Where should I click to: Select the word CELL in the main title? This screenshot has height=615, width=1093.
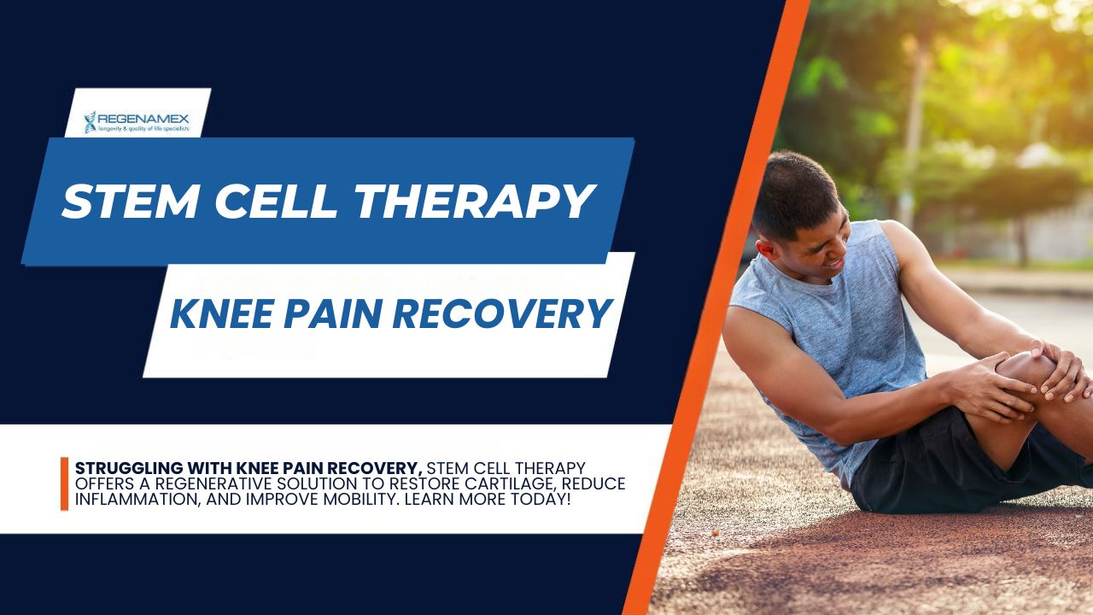tap(276, 201)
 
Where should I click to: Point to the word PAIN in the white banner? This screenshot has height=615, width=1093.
tap(333, 313)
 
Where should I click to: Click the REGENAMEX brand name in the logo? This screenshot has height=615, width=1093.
tap(143, 119)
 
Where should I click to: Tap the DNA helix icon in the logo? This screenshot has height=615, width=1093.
tap(90, 122)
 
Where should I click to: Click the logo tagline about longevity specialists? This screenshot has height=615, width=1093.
tap(143, 129)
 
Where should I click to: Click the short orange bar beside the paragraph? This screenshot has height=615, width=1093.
tap(64, 483)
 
